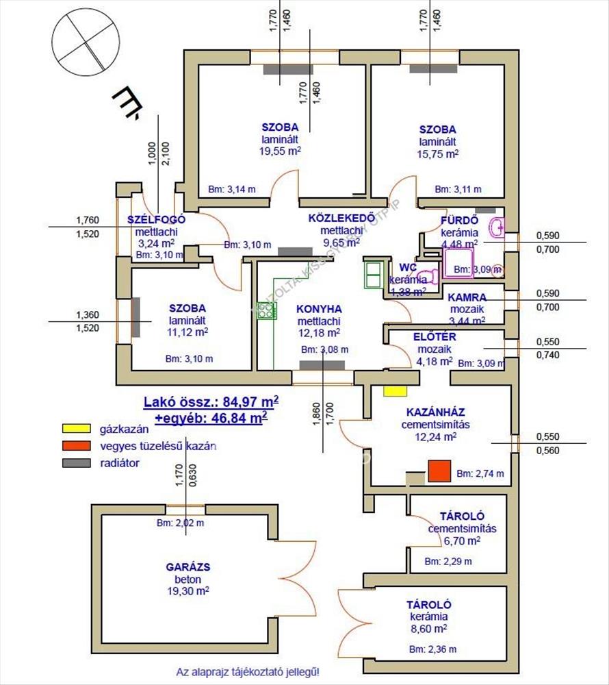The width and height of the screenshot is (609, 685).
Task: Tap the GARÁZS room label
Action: pyautogui.click(x=187, y=567)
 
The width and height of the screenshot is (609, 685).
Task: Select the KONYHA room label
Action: pyautogui.click(x=319, y=309)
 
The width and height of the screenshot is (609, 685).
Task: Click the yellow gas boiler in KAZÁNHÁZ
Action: pyautogui.click(x=394, y=390)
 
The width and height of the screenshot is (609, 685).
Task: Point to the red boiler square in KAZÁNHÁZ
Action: pyautogui.click(x=440, y=472)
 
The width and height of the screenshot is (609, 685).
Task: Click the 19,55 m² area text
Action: pyautogui.click(x=279, y=152)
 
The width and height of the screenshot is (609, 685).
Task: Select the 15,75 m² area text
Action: pyautogui.click(x=438, y=154)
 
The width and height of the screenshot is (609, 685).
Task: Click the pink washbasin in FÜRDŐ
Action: pyautogui.click(x=497, y=225)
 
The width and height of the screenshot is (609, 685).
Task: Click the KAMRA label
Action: pyautogui.click(x=467, y=297)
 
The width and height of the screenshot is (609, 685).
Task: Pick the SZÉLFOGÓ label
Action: pyautogui.click(x=156, y=219)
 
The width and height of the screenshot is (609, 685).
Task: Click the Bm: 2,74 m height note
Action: pyautogui.click(x=480, y=473)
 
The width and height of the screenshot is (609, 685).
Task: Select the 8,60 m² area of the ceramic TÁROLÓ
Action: pyautogui.click(x=428, y=627)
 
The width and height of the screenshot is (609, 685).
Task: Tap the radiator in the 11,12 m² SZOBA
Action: pyautogui.click(x=136, y=316)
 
